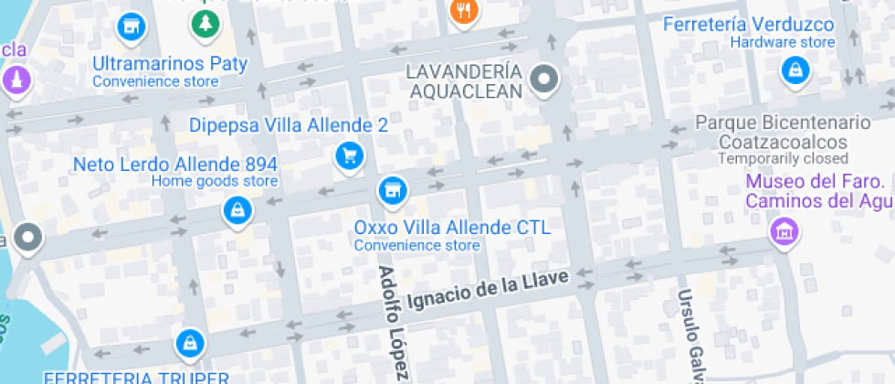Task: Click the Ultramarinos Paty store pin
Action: pos(132,27)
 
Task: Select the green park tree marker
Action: pos(204,24)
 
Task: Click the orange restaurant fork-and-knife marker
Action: pos(465,11)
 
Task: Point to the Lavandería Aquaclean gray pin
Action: pos(545,80)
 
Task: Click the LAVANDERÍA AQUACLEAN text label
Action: pos(466,80)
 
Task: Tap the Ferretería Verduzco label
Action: pos(748,24)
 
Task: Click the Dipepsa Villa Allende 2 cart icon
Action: pos(348,155)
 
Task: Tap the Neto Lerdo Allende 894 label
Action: pos(175,165)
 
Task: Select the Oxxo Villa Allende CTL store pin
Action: pos(392,190)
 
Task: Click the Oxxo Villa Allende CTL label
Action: pos(452,228)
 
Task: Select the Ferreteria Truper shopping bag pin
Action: pos(189,343)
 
